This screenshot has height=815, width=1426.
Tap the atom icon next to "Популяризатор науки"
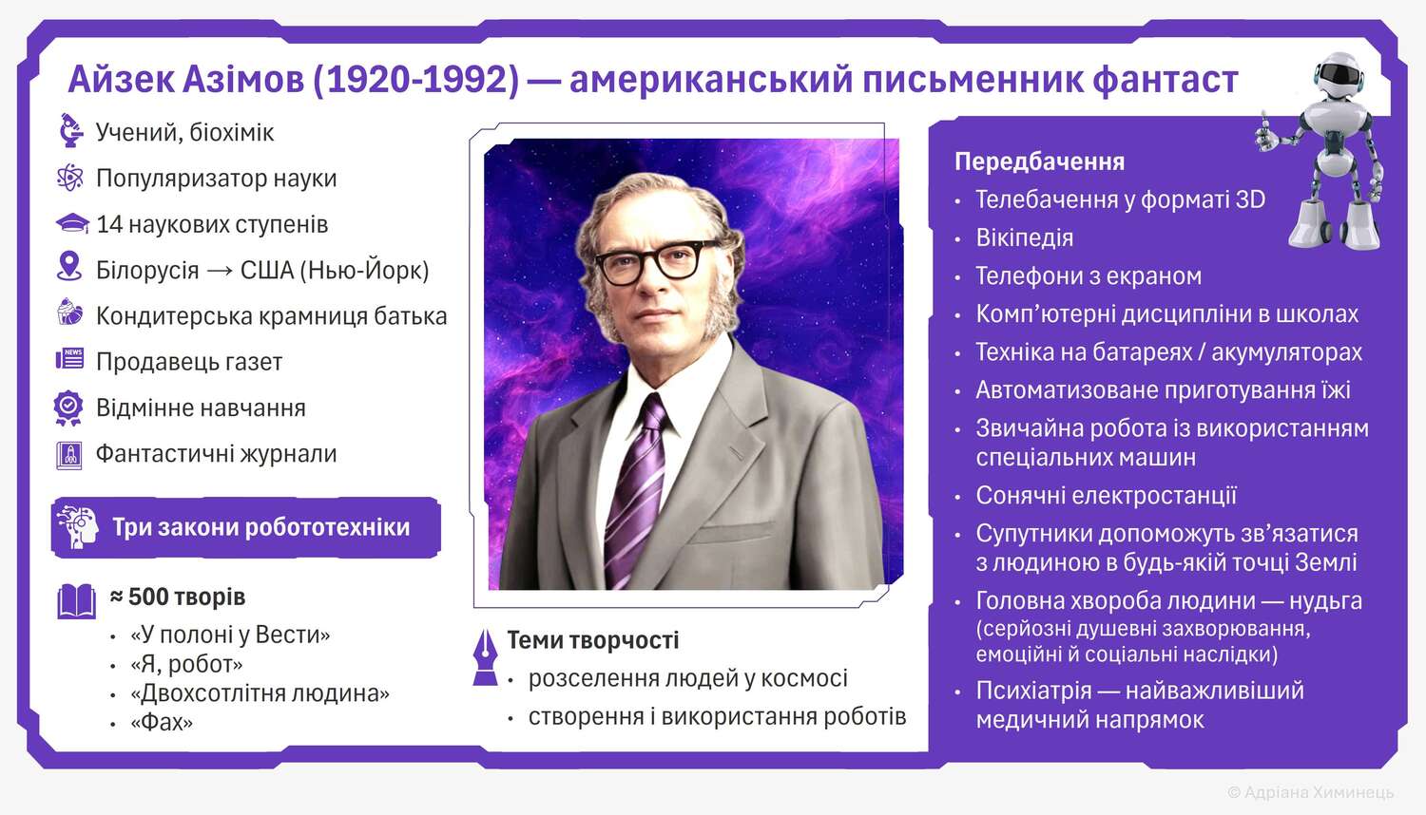pyautogui.click(x=69, y=178)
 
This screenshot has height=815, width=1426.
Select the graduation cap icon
pyautogui.click(x=72, y=224)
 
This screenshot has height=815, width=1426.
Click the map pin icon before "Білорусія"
pyautogui.click(x=69, y=266)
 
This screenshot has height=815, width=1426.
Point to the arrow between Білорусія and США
pyautogui.click(x=220, y=271)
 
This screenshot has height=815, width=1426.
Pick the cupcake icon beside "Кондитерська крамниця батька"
pyautogui.click(x=69, y=312)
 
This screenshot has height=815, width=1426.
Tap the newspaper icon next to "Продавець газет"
pyautogui.click(x=70, y=359)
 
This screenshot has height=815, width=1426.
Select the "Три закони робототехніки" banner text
pyautogui.click(x=261, y=527)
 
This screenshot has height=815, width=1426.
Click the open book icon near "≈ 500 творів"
pyautogui.click(x=76, y=601)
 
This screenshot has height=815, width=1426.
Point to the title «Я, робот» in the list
pyautogui.click(x=186, y=664)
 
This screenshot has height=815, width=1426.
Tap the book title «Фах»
pyautogui.click(x=162, y=723)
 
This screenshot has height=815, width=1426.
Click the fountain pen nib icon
pyautogui.click(x=485, y=657)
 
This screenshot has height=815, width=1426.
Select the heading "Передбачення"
pyautogui.click(x=1040, y=162)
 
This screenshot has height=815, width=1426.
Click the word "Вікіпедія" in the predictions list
pyautogui.click(x=1024, y=238)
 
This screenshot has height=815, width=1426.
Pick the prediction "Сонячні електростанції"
pyautogui.click(x=1106, y=496)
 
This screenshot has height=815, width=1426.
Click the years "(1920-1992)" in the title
pyautogui.click(x=415, y=80)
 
